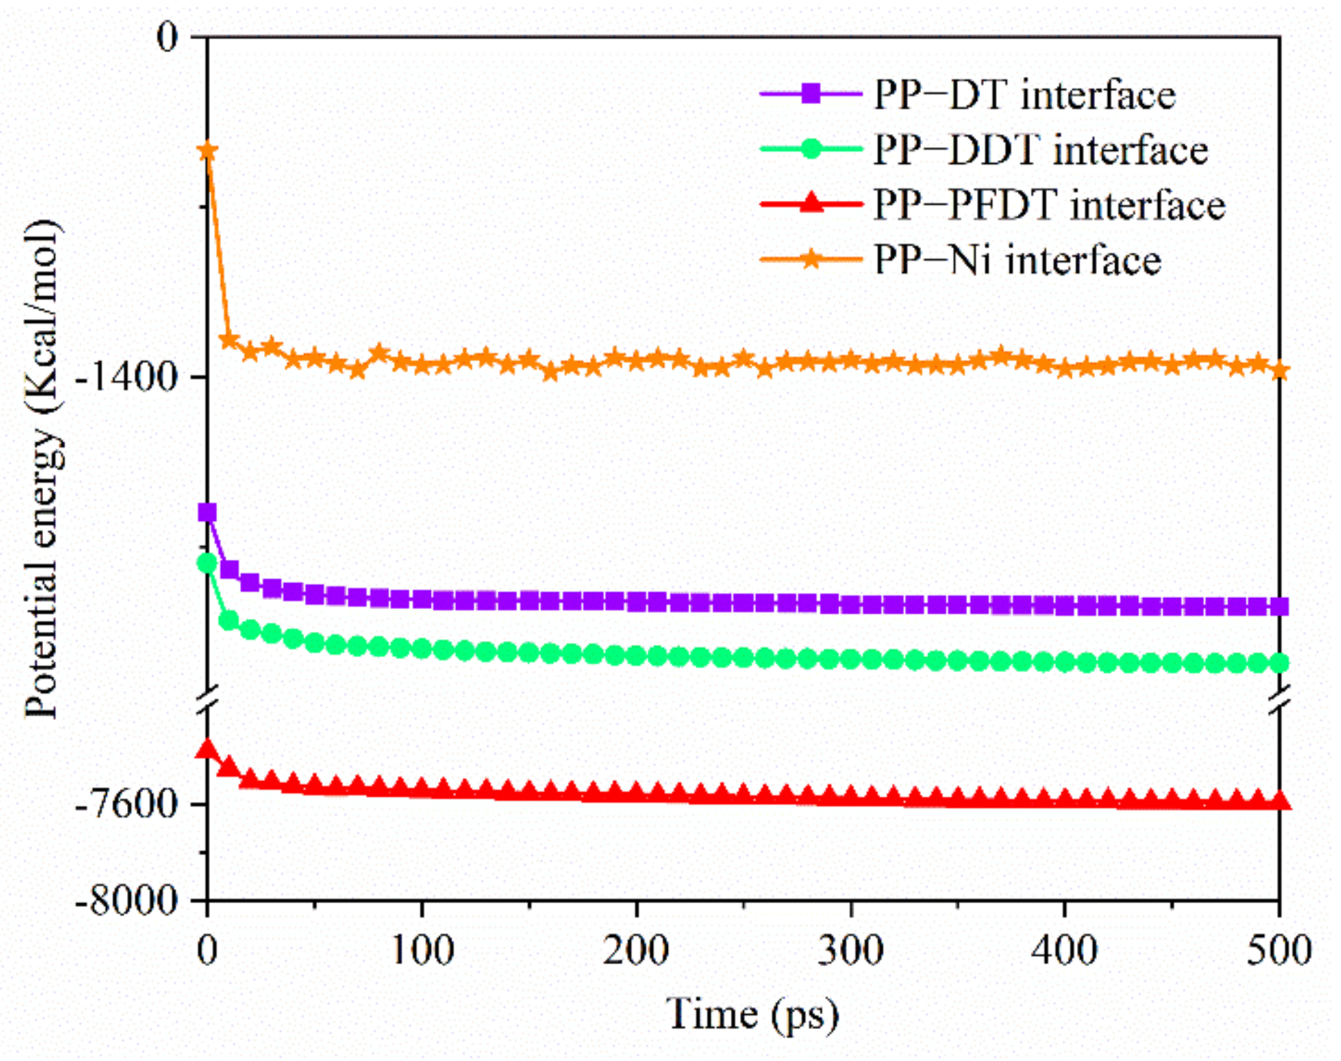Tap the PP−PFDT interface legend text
(1049, 205)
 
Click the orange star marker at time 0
(207, 151)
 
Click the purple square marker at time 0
(207, 512)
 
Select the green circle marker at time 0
(207, 563)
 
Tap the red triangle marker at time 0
(207, 749)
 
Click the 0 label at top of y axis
(167, 37)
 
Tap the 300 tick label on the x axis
(850, 951)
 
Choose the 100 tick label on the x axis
(422, 951)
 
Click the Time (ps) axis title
(752, 1014)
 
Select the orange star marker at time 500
(1279, 371)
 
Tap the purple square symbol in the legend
(810, 95)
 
